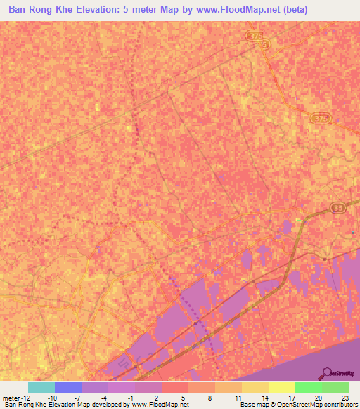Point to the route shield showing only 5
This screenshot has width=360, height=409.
point(264,44)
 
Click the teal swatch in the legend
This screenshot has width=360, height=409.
point(41,387)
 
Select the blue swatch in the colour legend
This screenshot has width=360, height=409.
point(68,387)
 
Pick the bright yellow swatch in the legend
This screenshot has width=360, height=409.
point(281,387)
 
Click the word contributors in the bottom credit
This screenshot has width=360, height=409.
point(340,405)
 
